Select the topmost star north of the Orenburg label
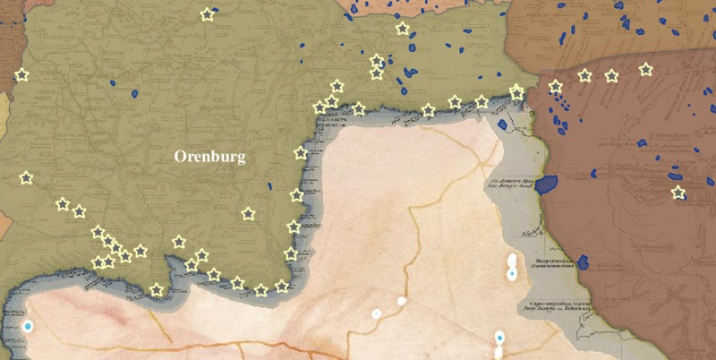click(208, 14)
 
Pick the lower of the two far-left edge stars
click(26, 178)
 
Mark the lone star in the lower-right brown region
click(678, 193)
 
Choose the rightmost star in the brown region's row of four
click(645, 69)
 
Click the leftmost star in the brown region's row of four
click(555, 87)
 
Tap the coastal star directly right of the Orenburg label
click(301, 153)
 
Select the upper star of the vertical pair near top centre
click(377, 61)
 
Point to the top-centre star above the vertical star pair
click(403, 29)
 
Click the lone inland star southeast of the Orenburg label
click(248, 214)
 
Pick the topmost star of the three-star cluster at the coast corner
click(337, 86)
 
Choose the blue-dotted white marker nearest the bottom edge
click(499, 339)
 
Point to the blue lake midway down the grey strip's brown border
click(583, 262)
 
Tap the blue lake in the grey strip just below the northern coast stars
click(502, 124)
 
